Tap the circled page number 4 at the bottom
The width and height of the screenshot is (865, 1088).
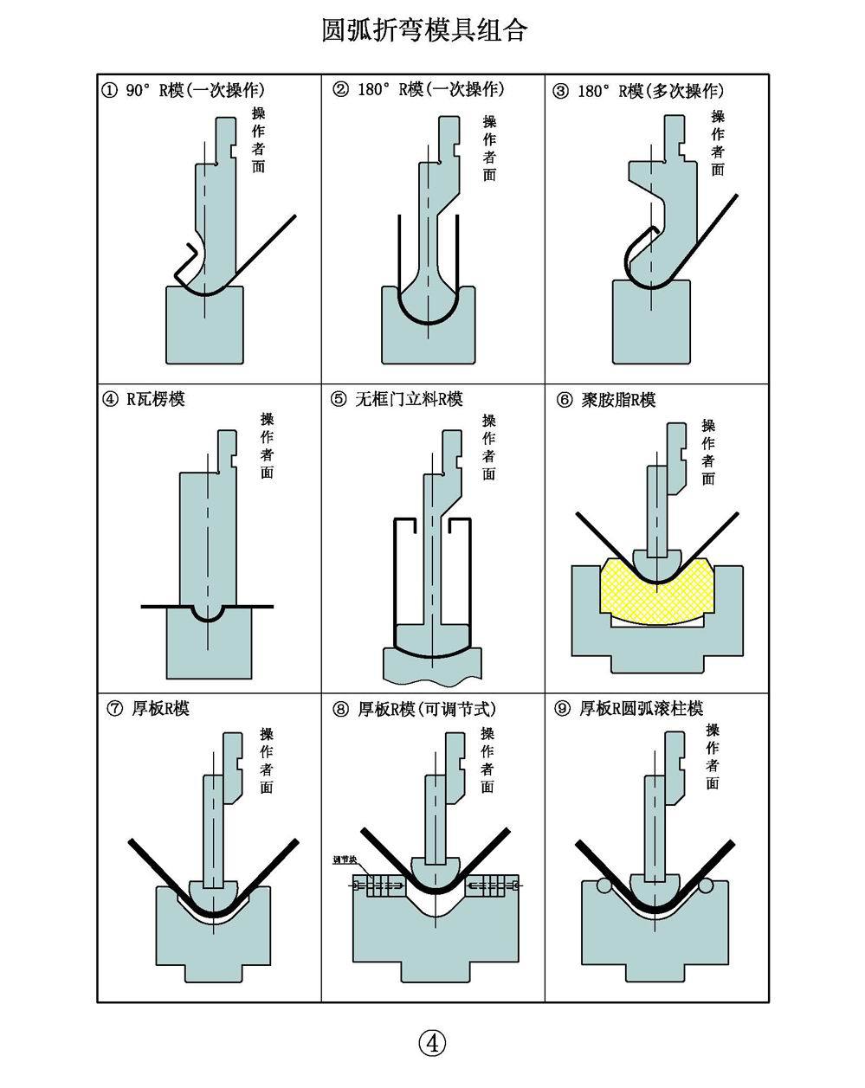tap(432, 1043)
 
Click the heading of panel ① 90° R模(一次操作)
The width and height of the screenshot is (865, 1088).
tap(184, 90)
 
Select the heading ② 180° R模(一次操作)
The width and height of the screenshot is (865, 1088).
tap(418, 90)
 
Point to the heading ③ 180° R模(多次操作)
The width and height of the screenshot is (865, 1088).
tap(638, 91)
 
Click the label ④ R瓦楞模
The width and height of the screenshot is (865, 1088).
tap(145, 399)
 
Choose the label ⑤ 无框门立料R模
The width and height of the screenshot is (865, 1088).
tap(397, 399)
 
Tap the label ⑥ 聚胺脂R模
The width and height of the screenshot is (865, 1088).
tap(606, 400)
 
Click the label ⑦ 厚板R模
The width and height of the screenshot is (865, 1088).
tap(148, 708)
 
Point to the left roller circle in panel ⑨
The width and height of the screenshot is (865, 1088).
tap(604, 885)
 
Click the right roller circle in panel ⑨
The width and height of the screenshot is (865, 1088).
tap(707, 885)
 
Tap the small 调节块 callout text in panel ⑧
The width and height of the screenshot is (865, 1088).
tap(345, 860)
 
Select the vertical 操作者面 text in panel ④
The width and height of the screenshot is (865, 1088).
tap(268, 445)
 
